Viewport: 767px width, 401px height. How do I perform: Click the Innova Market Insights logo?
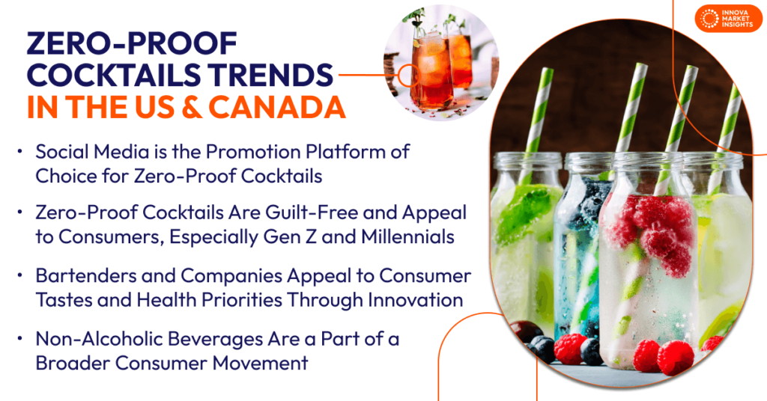728,19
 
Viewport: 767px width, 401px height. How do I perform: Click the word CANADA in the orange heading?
277,107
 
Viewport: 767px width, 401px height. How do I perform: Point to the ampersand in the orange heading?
191,108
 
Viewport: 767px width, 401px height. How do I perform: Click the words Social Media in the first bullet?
92,152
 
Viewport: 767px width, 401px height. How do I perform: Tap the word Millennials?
408,237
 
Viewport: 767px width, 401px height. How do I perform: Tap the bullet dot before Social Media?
19,151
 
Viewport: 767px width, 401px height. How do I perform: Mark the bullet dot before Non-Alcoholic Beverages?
19,338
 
